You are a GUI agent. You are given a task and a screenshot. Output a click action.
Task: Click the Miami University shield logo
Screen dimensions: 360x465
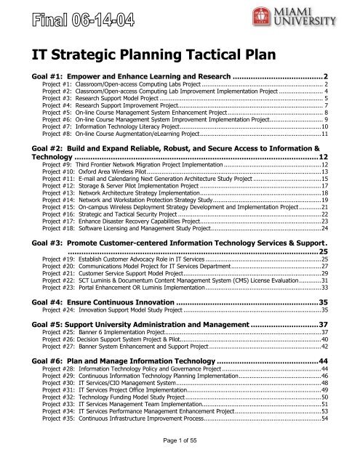pyautogui.click(x=283, y=16)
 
